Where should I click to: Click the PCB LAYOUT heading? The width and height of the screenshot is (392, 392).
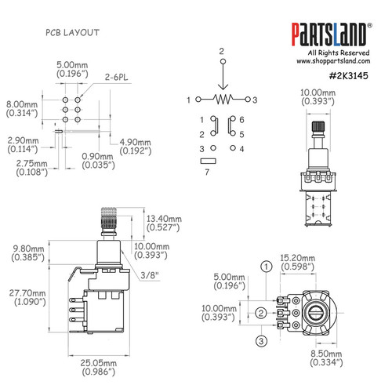[71, 32]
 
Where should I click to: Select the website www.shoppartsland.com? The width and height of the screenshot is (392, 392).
[333, 60]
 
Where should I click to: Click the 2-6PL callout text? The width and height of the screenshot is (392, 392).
[116, 79]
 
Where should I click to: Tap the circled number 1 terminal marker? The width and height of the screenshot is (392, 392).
[267, 266]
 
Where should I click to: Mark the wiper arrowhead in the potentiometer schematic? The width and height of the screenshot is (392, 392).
[222, 91]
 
